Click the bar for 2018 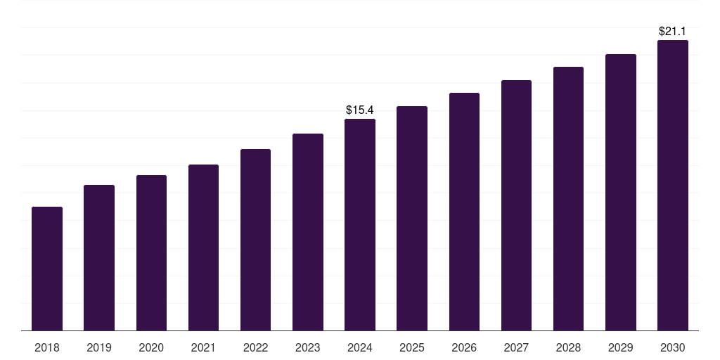coord(47,269)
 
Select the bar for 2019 coord(99,257)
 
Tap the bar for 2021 coord(203,247)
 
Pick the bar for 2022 coord(255,240)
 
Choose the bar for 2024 coord(360,225)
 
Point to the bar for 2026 coord(464,212)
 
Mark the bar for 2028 coord(568,199)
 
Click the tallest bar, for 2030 coord(672,186)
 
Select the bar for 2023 coord(308,232)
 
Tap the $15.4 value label coord(360,110)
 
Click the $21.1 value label coord(672,31)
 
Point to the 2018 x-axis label coord(47,347)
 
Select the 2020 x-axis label coord(151,347)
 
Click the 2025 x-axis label coord(412,347)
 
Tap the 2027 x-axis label coord(516,347)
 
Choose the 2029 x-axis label coord(620,347)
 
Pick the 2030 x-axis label coord(672,347)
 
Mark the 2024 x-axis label coord(360,347)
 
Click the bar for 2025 coord(412,219)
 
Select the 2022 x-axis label coord(255,347)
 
